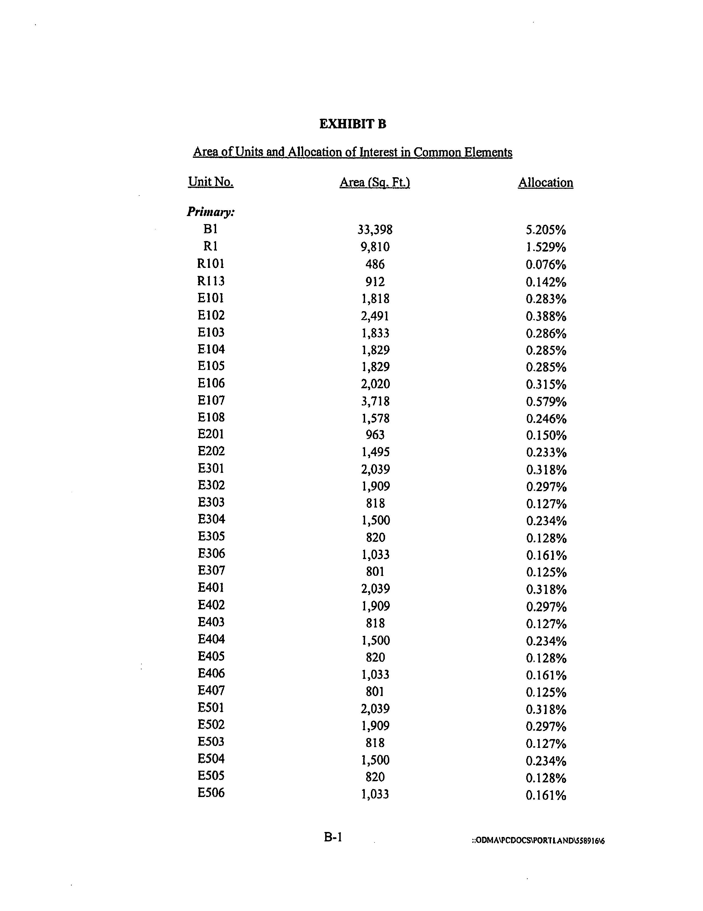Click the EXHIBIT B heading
coord(353,124)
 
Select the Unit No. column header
coord(211,182)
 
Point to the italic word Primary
coord(210,212)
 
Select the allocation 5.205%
coord(545,230)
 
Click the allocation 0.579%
coord(546,401)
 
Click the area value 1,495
coord(375,452)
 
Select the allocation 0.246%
coord(546,418)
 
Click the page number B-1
coord(333,837)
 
